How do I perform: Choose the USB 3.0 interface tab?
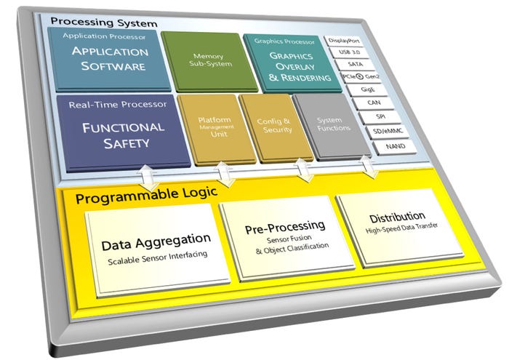point(350,54)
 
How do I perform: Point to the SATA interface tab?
point(353,66)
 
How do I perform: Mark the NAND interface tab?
point(384,147)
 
